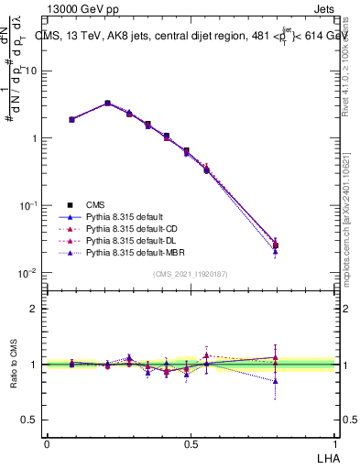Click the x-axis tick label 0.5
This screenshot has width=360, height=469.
(x=191, y=443)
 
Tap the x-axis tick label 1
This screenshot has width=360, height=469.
(x=335, y=443)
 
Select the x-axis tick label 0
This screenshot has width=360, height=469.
(x=47, y=443)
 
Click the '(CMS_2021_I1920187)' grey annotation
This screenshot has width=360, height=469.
(x=191, y=274)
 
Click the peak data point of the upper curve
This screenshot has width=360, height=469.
(x=107, y=104)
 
